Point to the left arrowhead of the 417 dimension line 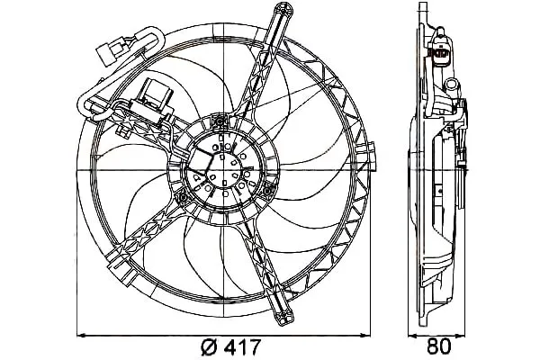(81, 334)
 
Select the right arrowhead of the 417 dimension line (365, 334)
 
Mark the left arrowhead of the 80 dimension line (412, 334)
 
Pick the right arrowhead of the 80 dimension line (461, 334)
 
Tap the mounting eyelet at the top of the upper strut (284, 9)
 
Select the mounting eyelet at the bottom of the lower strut (284, 316)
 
